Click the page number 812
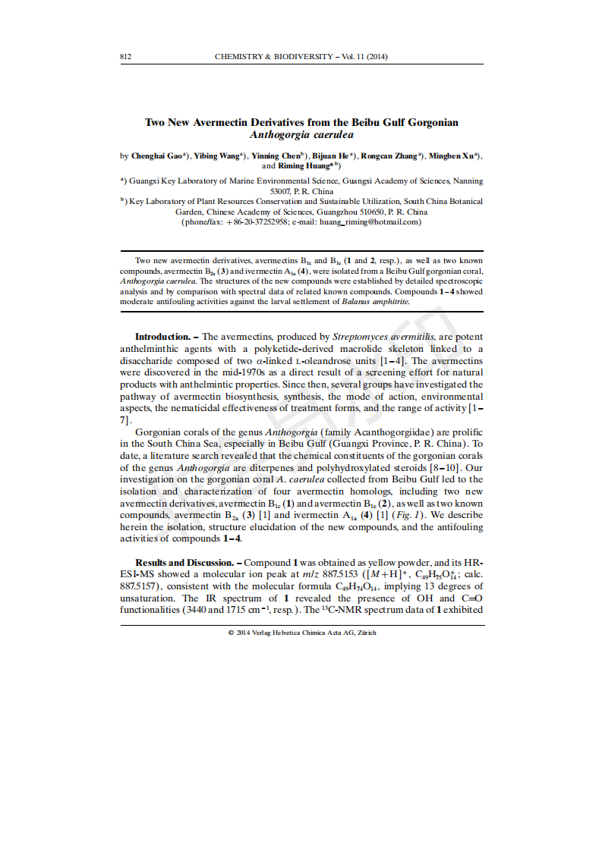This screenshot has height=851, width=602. pyautogui.click(x=127, y=57)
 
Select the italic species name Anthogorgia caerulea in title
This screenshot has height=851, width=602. pyautogui.click(x=301, y=134)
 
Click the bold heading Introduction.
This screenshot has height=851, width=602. pyautogui.click(x=162, y=336)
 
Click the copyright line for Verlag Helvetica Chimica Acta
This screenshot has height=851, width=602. pyautogui.click(x=302, y=633)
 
